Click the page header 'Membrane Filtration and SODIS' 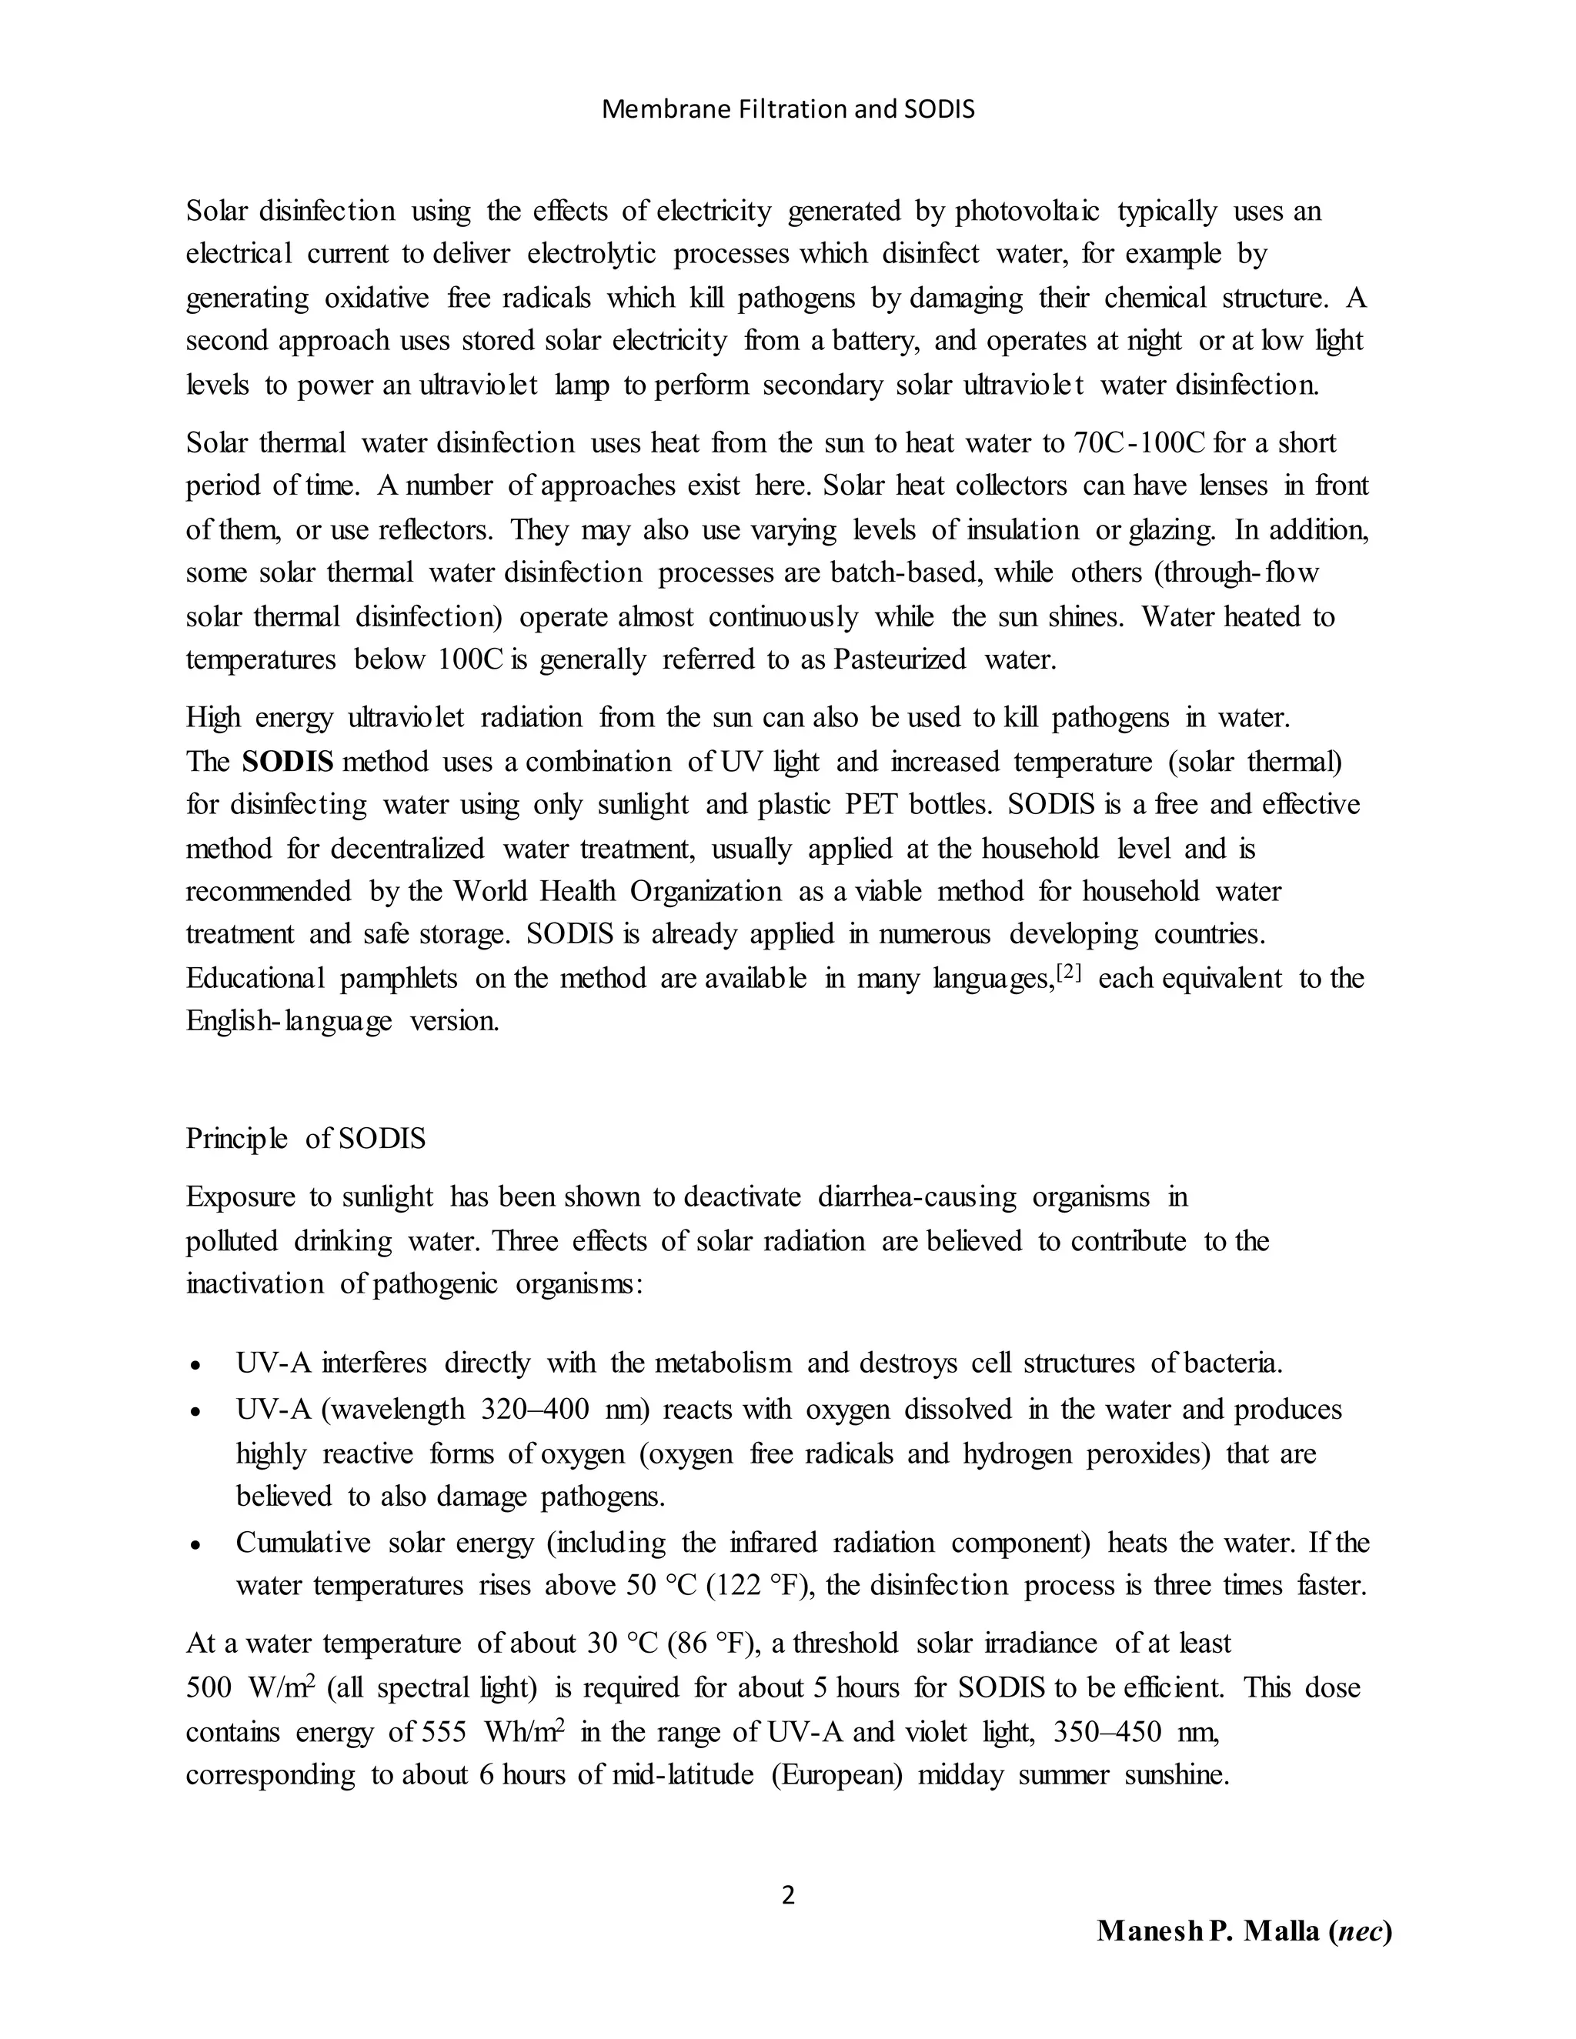[x=788, y=110]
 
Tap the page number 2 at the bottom [x=788, y=1895]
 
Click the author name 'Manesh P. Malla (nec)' [x=1244, y=1931]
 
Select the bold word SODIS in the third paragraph [x=288, y=762]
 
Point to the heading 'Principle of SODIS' [x=306, y=1139]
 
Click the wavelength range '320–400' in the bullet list [x=535, y=1410]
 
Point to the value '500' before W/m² [x=209, y=1689]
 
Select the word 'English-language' [x=289, y=1021]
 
